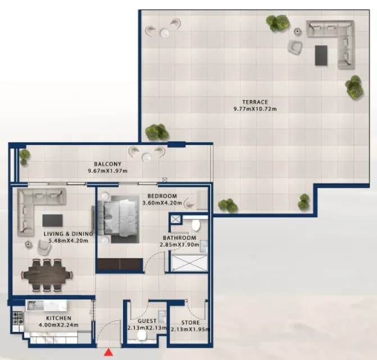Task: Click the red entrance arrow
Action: pyautogui.click(x=108, y=352)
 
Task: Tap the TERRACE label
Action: pyautogui.click(x=255, y=102)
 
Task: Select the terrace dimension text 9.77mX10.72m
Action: pyautogui.click(x=255, y=109)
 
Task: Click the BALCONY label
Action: pyautogui.click(x=107, y=164)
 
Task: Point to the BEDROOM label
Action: pyautogui.click(x=162, y=196)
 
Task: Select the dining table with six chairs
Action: pyautogui.click(x=47, y=275)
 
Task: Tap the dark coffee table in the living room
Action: pyautogui.click(x=53, y=221)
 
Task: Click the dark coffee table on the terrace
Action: pyautogui.click(x=321, y=55)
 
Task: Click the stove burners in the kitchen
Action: pyautogui.click(x=18, y=318)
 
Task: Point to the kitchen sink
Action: pyautogui.click(x=35, y=306)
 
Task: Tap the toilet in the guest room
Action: pyautogui.click(x=142, y=336)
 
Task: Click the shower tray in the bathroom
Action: pyautogui.click(x=190, y=263)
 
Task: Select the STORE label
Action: pyautogui.click(x=190, y=322)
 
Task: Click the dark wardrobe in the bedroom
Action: pyautogui.click(x=119, y=265)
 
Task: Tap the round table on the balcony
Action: pyautogui.click(x=147, y=157)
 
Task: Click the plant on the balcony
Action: pyautogui.click(x=24, y=157)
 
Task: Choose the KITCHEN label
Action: pyautogui.click(x=58, y=318)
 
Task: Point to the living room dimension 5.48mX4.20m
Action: pyautogui.click(x=69, y=240)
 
